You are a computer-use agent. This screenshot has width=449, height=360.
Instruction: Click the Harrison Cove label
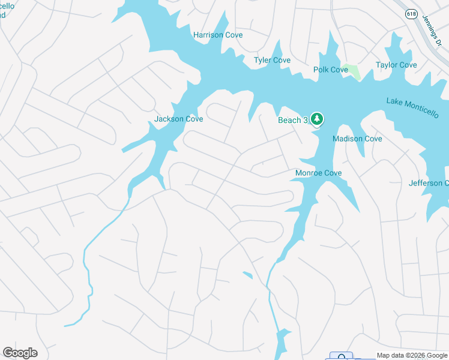point(218,35)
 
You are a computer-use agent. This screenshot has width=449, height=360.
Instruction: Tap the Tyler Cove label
point(272,61)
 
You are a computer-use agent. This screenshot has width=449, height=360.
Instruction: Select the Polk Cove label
point(331,70)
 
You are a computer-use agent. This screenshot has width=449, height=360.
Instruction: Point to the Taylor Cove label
point(396,65)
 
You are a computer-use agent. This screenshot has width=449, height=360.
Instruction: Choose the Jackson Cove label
point(178,119)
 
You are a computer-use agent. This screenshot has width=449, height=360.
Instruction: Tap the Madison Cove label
point(357,139)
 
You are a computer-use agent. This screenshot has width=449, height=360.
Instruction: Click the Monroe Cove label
point(318,173)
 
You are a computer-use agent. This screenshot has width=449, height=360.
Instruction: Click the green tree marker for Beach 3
point(316,119)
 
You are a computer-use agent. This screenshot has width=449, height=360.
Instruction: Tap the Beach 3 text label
point(292,121)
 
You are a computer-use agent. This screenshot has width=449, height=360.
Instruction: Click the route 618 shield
point(411,14)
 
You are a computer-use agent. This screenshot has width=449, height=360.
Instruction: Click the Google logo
point(20,352)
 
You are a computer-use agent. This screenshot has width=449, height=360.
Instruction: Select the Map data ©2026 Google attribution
point(412,355)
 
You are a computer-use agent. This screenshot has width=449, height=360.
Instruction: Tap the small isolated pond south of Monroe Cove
point(247,275)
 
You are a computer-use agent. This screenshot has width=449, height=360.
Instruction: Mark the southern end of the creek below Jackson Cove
point(66,325)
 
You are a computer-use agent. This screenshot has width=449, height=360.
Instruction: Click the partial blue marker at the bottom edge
point(342,356)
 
